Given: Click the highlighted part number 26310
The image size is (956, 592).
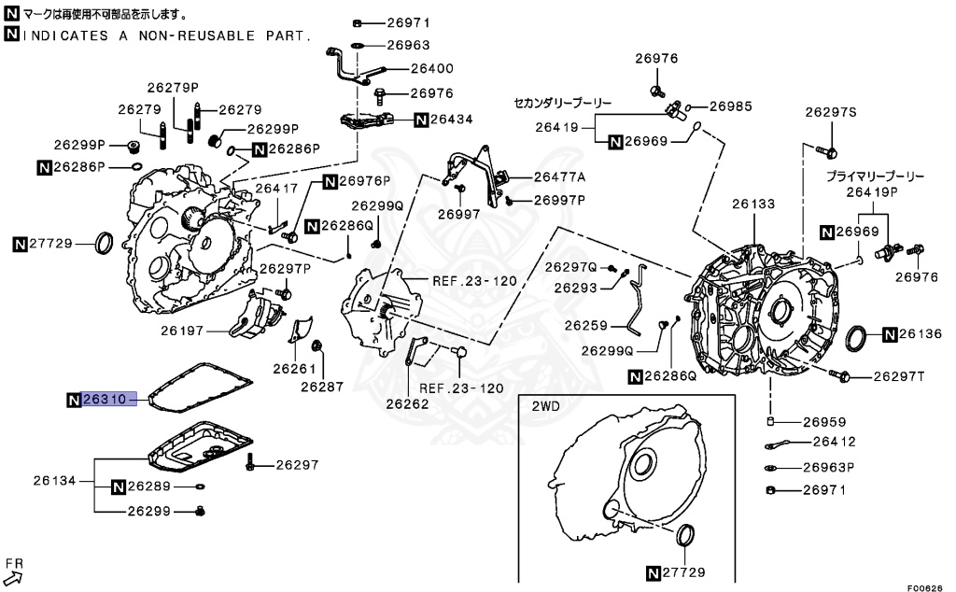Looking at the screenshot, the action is [105, 400].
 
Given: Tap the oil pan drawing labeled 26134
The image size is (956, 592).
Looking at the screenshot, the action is [202, 447].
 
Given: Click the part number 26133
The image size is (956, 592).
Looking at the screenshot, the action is [753, 204].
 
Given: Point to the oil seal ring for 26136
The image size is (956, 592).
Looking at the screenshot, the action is [858, 339].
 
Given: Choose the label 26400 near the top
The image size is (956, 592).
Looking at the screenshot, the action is [431, 68].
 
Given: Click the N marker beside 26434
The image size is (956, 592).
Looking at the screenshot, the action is [421, 120].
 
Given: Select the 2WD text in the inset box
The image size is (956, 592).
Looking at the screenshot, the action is [545, 406].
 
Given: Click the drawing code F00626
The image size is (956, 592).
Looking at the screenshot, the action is [924, 587].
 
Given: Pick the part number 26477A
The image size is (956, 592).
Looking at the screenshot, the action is [559, 176].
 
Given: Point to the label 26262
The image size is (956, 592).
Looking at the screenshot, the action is [407, 403].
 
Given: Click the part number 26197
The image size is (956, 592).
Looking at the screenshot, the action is [182, 331].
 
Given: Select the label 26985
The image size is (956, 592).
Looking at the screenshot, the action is [730, 106].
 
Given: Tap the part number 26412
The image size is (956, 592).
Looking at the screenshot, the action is [834, 442].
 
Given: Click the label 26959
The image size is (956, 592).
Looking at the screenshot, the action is [824, 422].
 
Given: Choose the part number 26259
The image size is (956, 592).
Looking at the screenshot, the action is [586, 326].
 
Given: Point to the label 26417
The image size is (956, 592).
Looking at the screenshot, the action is [276, 189].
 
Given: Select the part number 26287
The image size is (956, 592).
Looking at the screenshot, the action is [322, 387].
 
